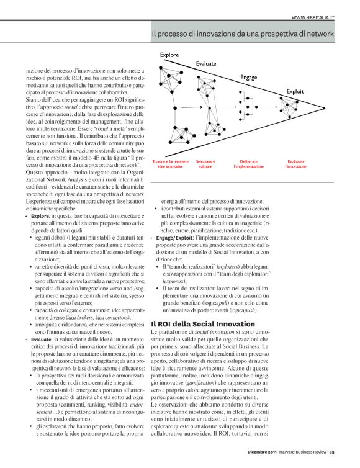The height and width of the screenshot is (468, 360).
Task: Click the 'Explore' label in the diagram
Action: click(x=169, y=56)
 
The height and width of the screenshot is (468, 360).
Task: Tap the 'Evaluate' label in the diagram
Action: click(x=206, y=64)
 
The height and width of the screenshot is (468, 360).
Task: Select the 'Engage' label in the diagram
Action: click(x=248, y=78)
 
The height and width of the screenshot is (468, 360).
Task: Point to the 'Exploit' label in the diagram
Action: click(x=295, y=91)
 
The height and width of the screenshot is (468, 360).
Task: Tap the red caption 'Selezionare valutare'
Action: click(x=205, y=164)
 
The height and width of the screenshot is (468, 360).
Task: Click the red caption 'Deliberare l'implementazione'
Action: click(x=250, y=164)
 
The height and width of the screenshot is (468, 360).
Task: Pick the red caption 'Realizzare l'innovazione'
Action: click(x=296, y=164)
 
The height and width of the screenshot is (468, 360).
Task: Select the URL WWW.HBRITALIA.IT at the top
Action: click(x=313, y=17)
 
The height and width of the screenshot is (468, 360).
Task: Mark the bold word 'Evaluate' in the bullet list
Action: click(x=41, y=340)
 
